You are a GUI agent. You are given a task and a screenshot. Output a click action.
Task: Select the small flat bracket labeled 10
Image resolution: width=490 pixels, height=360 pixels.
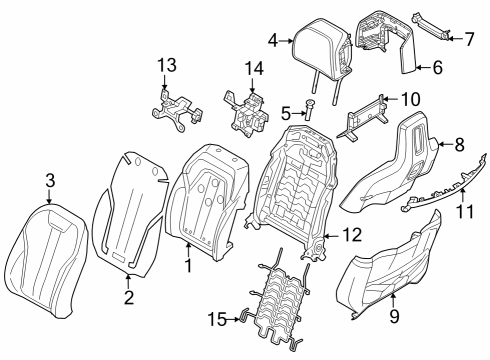[366, 116]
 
